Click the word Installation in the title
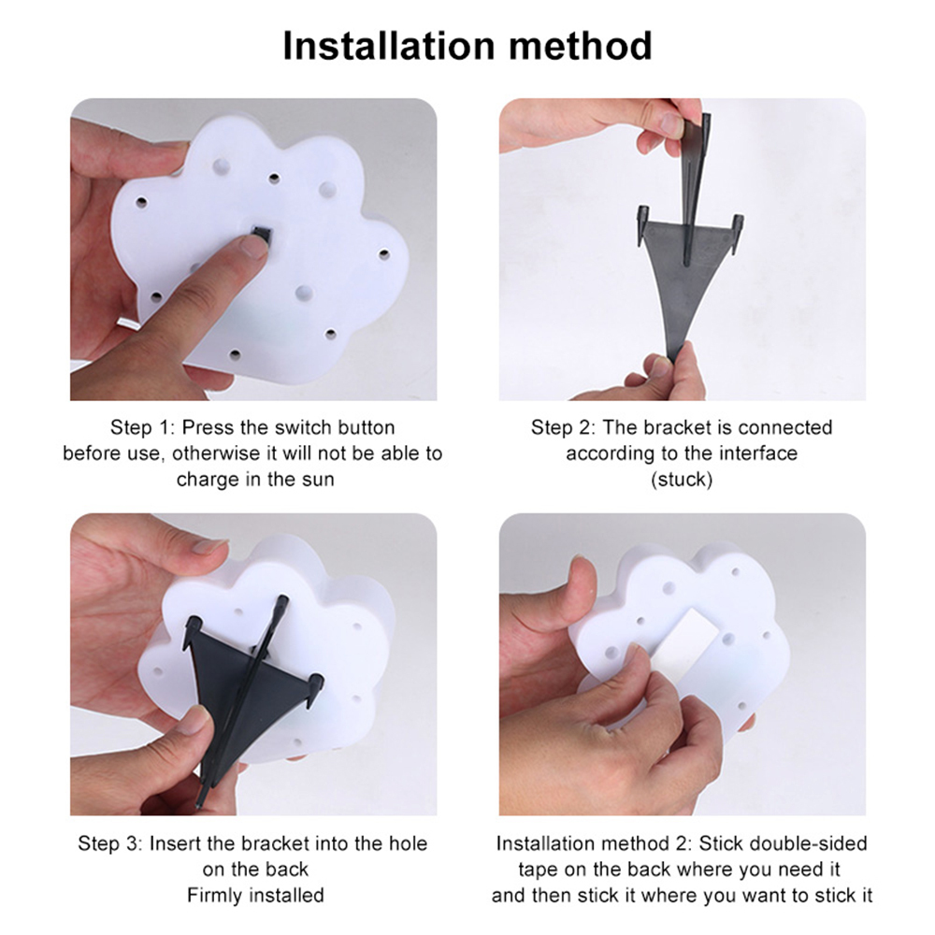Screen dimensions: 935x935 coord(389,46)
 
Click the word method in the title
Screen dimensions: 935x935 coord(581,46)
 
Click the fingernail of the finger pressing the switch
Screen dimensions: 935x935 coord(254,245)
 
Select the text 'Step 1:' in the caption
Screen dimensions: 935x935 coord(143,427)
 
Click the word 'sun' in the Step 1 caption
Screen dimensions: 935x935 coord(318,480)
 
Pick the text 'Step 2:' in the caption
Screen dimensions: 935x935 coord(564,427)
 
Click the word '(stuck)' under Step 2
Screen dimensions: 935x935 coord(682,480)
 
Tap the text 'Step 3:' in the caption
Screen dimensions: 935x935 coord(110,843)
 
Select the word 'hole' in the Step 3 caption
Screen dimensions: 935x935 coord(409,843)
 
